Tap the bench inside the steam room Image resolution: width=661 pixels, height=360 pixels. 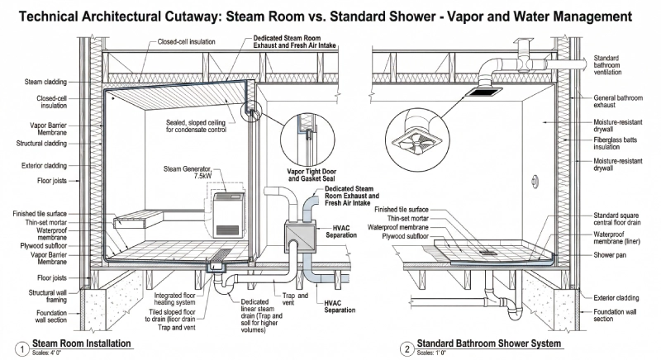tap(136, 219)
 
